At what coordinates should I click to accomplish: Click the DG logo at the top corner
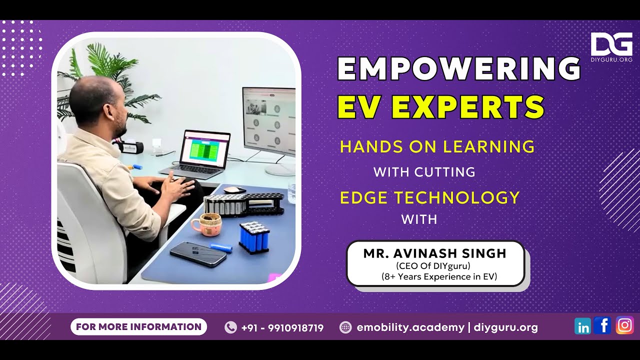pos(611,45)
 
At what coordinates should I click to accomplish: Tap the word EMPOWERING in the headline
pos(458,68)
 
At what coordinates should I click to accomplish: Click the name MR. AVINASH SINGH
pos(435,253)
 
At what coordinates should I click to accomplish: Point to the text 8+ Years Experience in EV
pos(439,276)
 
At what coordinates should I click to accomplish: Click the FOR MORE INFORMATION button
pos(138,327)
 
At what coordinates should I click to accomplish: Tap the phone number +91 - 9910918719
pos(282,328)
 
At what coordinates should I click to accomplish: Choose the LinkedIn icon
pos(582,326)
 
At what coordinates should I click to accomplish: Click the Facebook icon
pos(602,326)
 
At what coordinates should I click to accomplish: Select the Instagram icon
pos(624,325)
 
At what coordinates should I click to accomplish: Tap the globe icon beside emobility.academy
pos(345,327)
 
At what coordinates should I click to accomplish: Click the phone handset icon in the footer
pos(230,327)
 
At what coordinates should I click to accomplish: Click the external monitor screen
pos(269,117)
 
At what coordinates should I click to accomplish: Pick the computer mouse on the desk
pos(234,189)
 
